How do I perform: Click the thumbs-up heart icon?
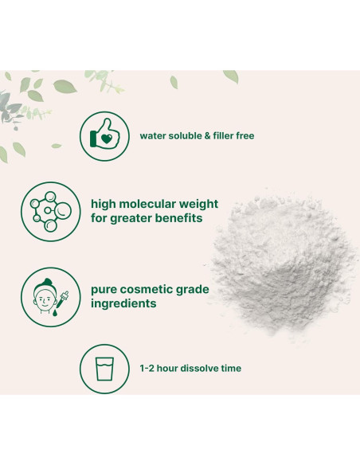click(x=105, y=135)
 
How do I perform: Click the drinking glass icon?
click(x=105, y=369)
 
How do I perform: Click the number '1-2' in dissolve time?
click(x=148, y=369)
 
